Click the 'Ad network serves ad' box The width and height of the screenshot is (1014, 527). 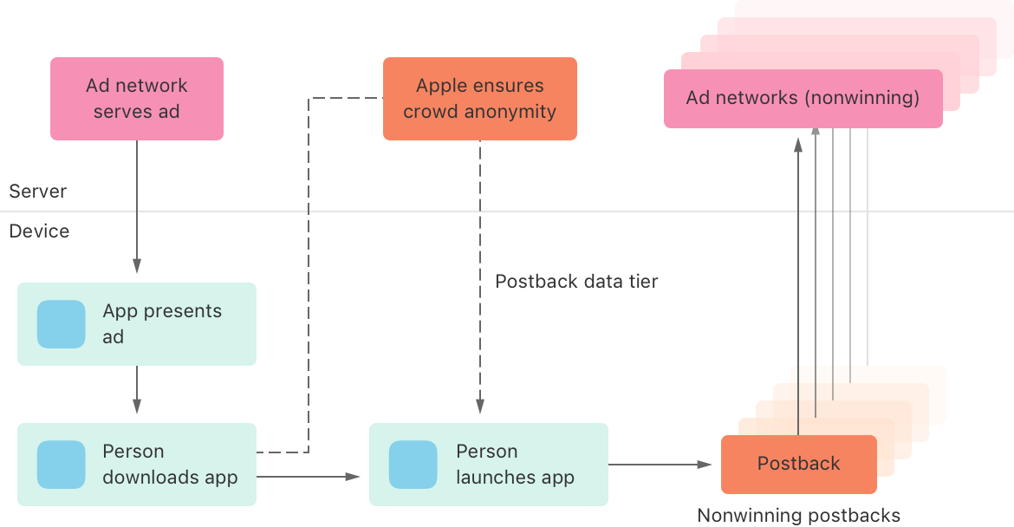point(137,98)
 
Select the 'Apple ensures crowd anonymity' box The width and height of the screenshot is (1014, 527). point(479,98)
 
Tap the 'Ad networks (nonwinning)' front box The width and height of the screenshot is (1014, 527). point(803,98)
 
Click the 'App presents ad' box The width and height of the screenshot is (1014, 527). point(137,323)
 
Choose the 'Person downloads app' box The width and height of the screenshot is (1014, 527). point(137,464)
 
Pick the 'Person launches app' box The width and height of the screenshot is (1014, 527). point(489,464)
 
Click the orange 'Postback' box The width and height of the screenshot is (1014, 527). point(798,464)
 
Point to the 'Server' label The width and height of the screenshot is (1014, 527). point(37,192)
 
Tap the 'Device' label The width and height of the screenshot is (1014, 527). point(39,231)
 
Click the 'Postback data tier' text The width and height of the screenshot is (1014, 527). point(576,282)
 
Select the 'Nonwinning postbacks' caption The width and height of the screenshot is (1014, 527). point(798,516)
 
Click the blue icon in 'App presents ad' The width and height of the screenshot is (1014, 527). point(61,324)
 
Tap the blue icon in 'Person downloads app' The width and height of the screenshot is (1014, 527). point(61,465)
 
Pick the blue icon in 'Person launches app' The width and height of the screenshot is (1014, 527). point(413,465)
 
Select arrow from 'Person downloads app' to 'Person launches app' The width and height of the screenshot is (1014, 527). point(308,476)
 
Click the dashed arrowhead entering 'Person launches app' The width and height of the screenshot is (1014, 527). point(479,406)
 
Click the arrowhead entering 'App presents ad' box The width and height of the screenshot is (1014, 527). point(136,265)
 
